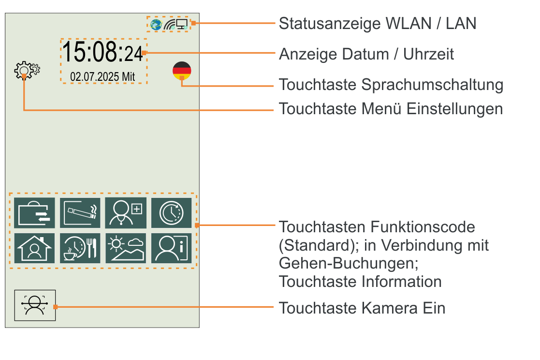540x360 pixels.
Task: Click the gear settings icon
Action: [x=26, y=71]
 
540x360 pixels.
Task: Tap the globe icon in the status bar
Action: [x=156, y=24]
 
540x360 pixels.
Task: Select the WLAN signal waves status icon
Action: [x=169, y=24]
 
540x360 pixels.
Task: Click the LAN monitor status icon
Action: [x=182, y=24]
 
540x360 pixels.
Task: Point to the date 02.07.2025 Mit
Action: [x=102, y=76]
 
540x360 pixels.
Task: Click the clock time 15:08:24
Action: [x=103, y=52]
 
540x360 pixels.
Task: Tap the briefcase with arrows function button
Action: [x=34, y=213]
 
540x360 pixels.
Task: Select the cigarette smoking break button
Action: [x=80, y=213]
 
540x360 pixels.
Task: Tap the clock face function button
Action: [x=172, y=213]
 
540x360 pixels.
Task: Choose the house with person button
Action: [x=34, y=248]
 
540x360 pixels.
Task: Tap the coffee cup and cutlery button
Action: [x=80, y=248]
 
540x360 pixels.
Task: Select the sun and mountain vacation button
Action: [x=126, y=248]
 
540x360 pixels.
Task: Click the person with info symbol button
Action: [x=172, y=248]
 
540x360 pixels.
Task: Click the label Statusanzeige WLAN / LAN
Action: [x=378, y=23]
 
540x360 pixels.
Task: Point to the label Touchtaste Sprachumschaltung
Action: [x=391, y=85]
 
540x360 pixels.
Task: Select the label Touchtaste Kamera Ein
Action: [x=362, y=308]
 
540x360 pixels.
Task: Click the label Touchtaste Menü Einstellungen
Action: [x=391, y=108]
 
